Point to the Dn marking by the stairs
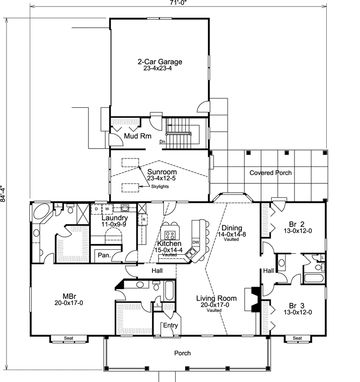(x=162, y=142)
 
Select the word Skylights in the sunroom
(x=162, y=186)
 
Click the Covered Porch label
(x=270, y=173)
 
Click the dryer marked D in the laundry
(x=96, y=209)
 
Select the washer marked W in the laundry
(x=106, y=209)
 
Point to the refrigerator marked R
(x=143, y=219)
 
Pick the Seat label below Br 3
(x=297, y=338)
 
